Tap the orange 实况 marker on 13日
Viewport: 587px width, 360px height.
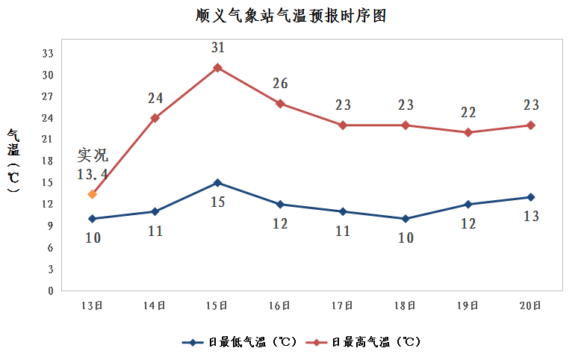(x=93, y=194)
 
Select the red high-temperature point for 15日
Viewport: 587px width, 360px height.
(x=217, y=68)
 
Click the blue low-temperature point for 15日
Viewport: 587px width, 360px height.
(x=217, y=183)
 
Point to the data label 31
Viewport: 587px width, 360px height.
(x=217, y=48)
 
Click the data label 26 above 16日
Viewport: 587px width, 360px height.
(x=280, y=84)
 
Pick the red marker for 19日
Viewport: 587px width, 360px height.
(x=468, y=132)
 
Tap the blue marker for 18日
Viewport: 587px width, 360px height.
(x=406, y=219)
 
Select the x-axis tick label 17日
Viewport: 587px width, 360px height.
(x=343, y=305)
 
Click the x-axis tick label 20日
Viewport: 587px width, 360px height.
(x=531, y=305)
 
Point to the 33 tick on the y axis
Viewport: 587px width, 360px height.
(x=48, y=54)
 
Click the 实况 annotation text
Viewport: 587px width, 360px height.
(x=93, y=156)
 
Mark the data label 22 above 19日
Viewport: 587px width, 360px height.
(x=468, y=113)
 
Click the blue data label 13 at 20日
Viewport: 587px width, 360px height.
(x=531, y=216)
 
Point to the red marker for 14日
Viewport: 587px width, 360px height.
(x=155, y=118)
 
